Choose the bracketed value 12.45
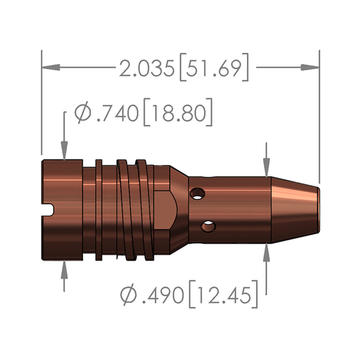pos(223,294)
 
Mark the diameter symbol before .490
pos(129,294)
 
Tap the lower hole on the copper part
pos(208,226)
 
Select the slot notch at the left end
pos(49,209)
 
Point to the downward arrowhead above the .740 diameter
pos(65,152)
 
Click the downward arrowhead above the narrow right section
pos(266,167)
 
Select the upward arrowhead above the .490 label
pos(266,252)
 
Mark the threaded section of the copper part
pos(127,209)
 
